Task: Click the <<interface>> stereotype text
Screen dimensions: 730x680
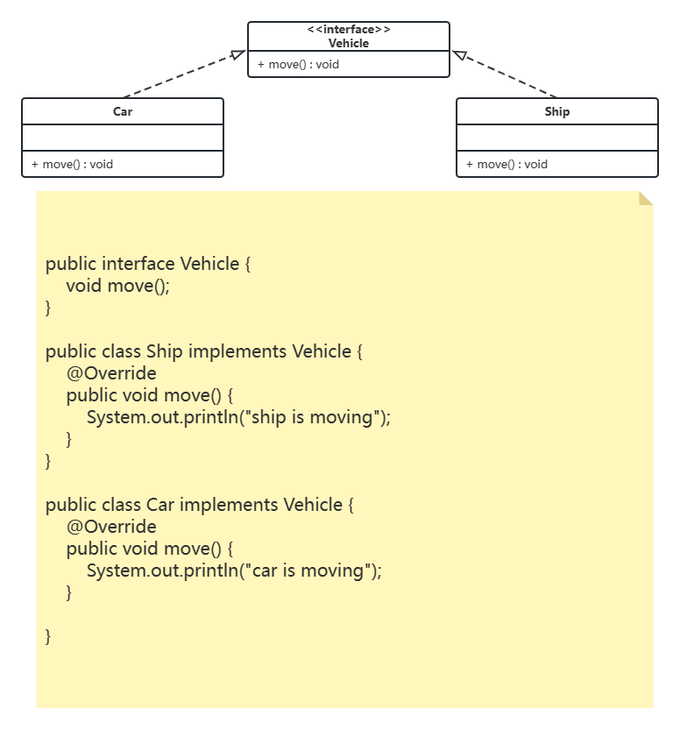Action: pos(349,30)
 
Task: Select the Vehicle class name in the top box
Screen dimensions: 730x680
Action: pos(349,43)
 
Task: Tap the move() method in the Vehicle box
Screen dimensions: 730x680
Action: pos(298,64)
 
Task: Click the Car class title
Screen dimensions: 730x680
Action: pos(123,111)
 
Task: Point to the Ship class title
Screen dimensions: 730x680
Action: pos(556,111)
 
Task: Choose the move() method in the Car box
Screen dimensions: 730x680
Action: pos(72,164)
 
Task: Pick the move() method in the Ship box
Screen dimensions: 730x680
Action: pos(506,164)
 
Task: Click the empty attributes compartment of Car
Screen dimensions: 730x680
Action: pos(123,138)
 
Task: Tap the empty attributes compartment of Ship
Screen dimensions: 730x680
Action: pos(556,138)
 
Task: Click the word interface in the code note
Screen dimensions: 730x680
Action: pos(138,264)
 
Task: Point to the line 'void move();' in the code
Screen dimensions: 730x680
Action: pos(117,286)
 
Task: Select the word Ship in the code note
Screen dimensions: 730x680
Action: pos(165,351)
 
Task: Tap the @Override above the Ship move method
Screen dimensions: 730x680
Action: pos(111,373)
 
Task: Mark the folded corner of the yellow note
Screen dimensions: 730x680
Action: pos(647,198)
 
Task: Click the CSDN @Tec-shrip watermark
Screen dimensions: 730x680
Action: pos(614,714)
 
